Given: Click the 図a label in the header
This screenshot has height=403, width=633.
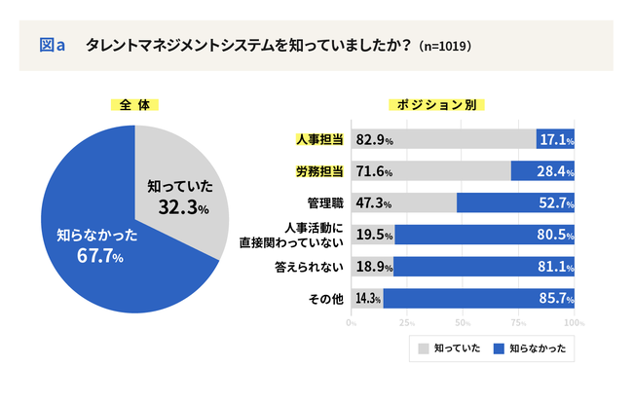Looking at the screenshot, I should click(52, 45).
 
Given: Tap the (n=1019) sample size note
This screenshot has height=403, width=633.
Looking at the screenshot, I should click(445, 46).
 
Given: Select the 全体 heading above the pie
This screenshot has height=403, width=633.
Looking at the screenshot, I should click(134, 104).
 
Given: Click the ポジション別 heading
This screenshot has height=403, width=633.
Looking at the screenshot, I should click(437, 104).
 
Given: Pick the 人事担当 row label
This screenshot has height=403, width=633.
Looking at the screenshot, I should click(318, 140).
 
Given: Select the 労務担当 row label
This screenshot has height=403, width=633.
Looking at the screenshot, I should click(318, 171).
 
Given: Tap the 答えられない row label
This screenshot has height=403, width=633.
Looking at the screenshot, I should click(313, 267).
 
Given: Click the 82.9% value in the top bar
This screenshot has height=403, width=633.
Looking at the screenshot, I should click(375, 140).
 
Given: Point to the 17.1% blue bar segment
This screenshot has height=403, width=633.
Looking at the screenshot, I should click(556, 140).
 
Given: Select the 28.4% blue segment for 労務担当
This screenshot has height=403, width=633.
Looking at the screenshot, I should click(543, 171).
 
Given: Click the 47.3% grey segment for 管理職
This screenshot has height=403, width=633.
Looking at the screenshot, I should click(404, 202).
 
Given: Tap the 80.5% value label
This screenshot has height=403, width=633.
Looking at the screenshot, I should click(553, 235).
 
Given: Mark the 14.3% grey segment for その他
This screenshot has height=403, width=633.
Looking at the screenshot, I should click(367, 298).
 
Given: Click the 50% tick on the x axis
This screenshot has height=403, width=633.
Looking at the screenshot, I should click(463, 322).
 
